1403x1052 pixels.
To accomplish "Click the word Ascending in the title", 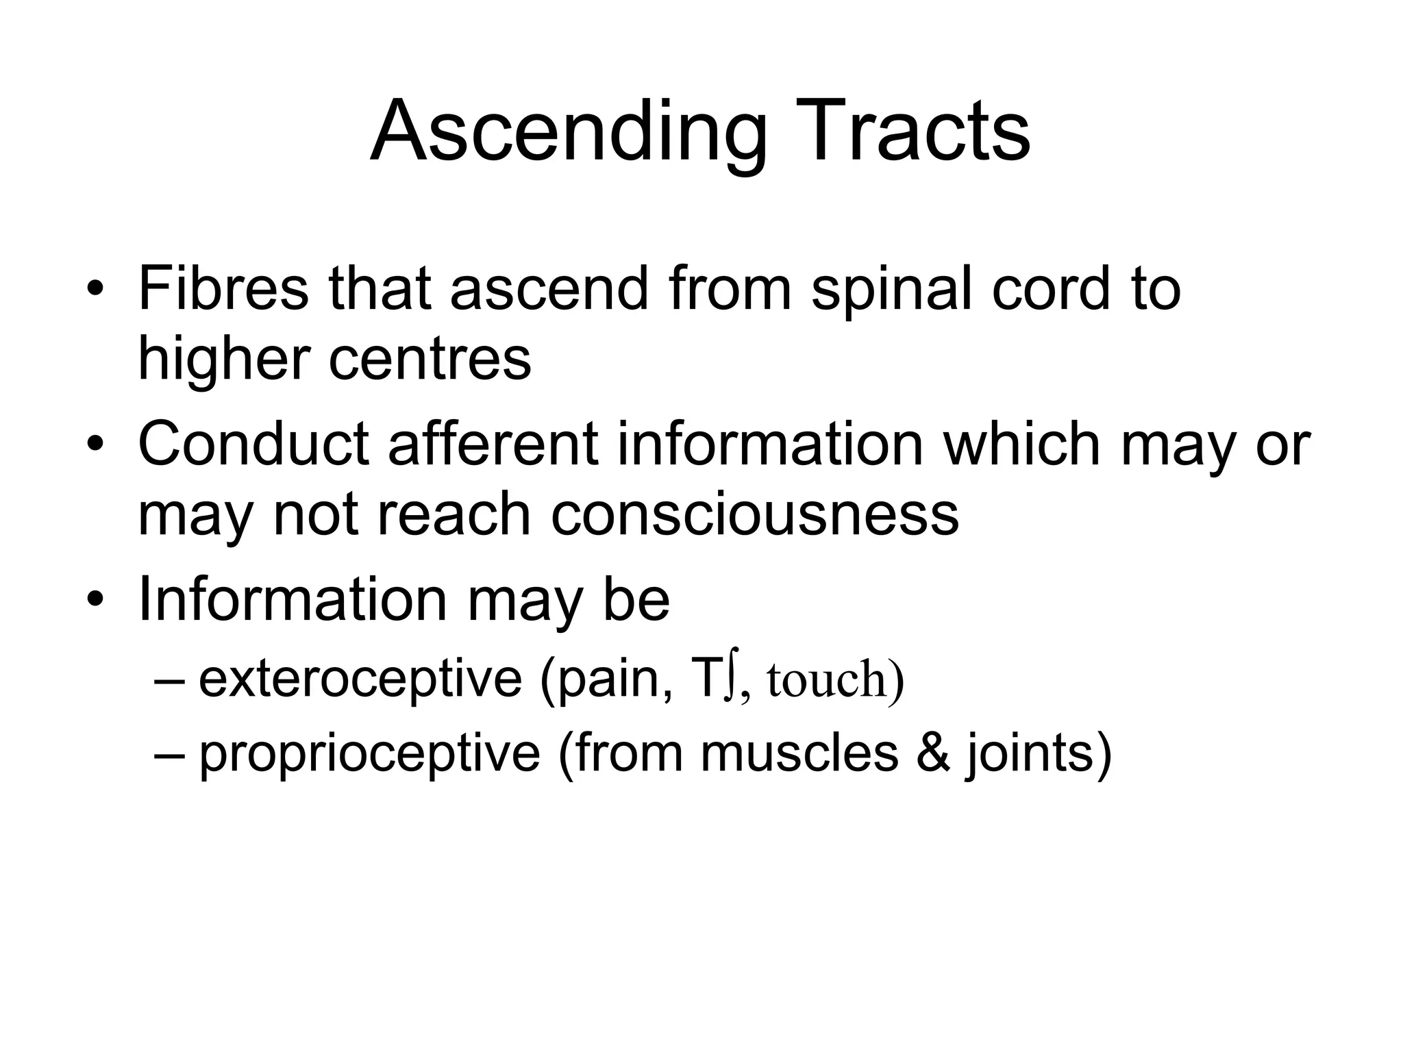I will click(x=569, y=132).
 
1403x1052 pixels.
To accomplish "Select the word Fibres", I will click(x=223, y=288).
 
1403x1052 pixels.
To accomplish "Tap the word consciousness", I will click(x=754, y=514).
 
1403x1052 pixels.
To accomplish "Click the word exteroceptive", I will click(x=360, y=679).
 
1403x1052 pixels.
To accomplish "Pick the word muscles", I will click(x=799, y=753).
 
